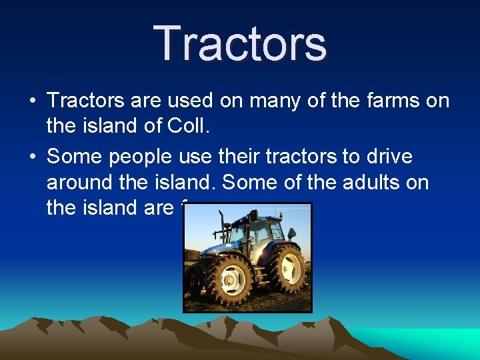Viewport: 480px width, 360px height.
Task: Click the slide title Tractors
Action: pos(240,43)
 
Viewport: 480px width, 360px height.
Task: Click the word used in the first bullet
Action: pos(211,101)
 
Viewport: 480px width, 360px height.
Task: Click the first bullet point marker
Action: pos(33,101)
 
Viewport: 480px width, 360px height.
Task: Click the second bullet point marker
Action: pos(33,157)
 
